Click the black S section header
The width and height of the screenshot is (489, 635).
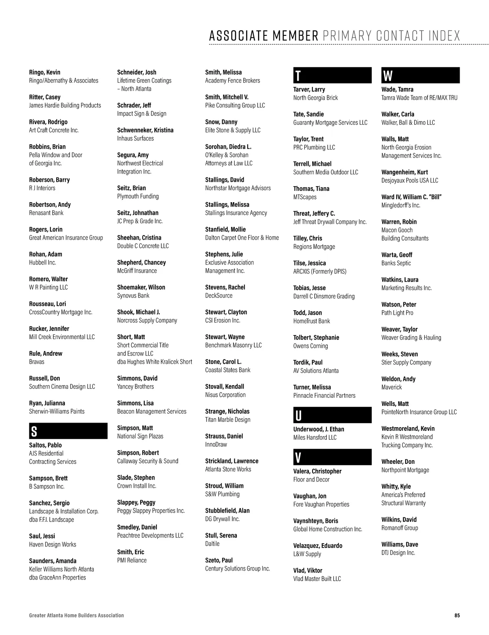[68, 431]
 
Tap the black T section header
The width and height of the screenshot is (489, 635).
[332, 76]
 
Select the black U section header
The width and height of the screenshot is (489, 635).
[332, 415]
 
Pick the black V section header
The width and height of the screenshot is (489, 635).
[332, 457]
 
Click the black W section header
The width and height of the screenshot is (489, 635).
[420, 76]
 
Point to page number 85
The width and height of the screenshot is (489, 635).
[457, 615]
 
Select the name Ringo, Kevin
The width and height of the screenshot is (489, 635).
[45, 72]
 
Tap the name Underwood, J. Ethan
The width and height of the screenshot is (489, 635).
[319, 429]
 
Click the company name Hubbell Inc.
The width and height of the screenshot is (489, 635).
[42, 262]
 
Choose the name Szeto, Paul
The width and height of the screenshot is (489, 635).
[219, 560]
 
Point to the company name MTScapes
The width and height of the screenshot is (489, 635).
[305, 197]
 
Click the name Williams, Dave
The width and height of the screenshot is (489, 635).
[400, 545]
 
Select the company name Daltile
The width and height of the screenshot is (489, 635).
[212, 544]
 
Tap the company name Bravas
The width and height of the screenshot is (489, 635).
[37, 362]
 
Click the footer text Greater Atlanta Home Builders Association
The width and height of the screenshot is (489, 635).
[77, 615]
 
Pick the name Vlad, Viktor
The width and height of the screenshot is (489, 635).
[308, 571]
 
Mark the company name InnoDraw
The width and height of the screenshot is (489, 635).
[216, 444]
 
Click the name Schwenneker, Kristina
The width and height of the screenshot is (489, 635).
[145, 130]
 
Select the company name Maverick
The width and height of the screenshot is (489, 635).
[392, 387]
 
